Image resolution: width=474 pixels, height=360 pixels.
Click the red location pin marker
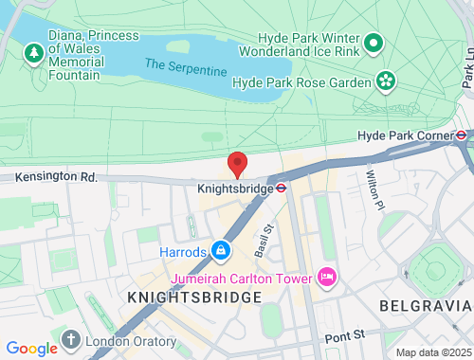238,164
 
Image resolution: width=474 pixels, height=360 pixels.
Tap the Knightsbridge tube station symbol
282,187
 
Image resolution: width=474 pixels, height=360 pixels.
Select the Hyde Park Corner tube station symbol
461,135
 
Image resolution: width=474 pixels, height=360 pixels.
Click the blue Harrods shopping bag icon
220,251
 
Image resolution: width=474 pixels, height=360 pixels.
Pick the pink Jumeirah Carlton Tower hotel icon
327,278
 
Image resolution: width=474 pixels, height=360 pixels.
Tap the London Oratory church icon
71,340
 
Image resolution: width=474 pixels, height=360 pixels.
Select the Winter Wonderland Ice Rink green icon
374,43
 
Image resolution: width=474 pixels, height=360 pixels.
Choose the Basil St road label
264,241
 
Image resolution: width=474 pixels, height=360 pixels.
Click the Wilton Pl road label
374,190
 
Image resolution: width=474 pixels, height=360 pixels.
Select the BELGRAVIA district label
425,305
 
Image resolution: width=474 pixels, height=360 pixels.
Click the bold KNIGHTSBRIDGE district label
194,297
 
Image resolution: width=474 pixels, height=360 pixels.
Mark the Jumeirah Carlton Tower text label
243,279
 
